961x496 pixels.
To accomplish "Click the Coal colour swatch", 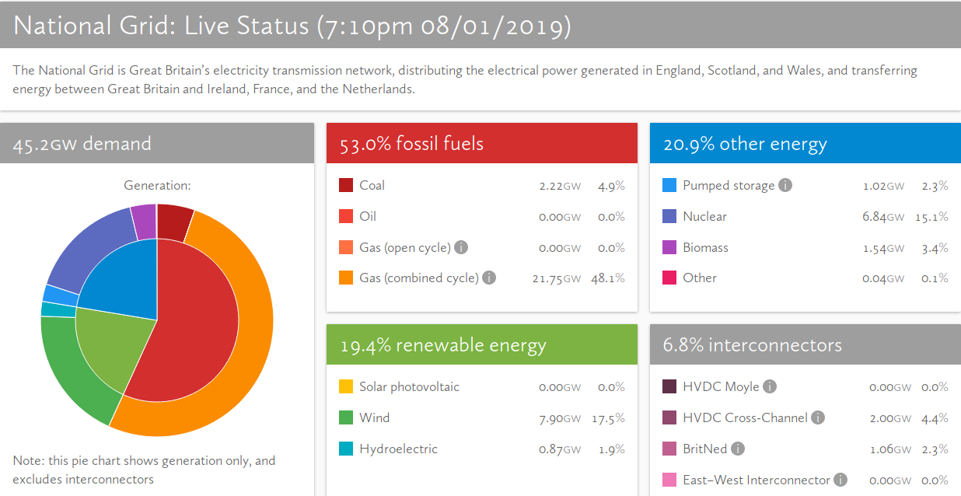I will tap(346, 185).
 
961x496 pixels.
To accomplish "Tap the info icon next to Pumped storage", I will tap(785, 185).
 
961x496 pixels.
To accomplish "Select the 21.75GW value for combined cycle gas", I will tap(559, 278).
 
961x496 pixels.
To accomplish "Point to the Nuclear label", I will tap(704, 216).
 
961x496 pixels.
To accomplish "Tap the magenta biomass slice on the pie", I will tap(144, 220).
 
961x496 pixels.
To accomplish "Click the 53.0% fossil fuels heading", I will tap(411, 144).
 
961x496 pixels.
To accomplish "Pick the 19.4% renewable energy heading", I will tap(443, 345).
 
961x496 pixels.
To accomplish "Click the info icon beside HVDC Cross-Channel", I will tap(818, 417).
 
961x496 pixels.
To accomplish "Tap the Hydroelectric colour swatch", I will tap(346, 449).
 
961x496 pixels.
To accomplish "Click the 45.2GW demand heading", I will tap(82, 144).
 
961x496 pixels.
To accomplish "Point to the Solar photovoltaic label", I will tap(409, 386).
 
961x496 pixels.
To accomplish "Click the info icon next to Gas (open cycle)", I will tap(461, 247).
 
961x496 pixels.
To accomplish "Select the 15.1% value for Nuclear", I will tap(931, 217).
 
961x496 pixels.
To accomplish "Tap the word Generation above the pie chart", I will tap(157, 185).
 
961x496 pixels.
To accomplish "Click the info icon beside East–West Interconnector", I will tap(840, 480).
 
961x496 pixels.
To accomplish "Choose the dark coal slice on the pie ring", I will tap(173, 221).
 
